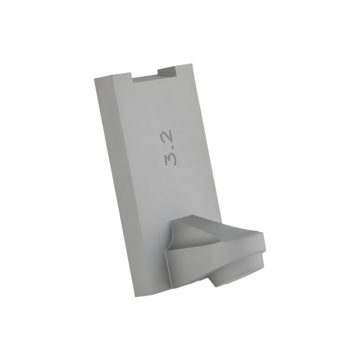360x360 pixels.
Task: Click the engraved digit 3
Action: pos(170,159)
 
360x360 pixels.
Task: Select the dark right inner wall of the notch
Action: pos(167,71)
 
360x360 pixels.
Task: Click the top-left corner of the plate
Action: pos(94,78)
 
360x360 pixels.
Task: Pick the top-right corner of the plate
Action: pos(191,64)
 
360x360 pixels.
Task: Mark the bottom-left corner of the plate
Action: pos(135,297)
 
